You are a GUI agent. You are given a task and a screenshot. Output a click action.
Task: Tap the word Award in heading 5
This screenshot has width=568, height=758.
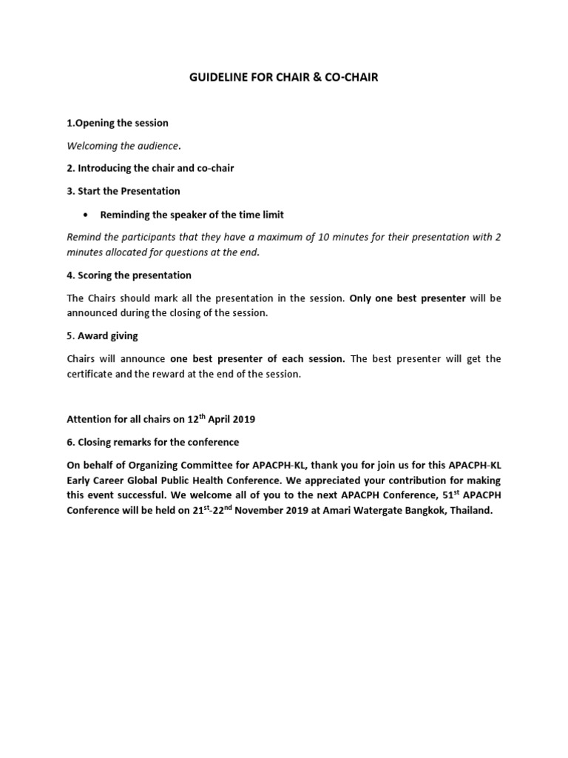tap(92, 336)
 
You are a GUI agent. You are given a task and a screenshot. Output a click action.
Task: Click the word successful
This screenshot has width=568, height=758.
tap(145, 495)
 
